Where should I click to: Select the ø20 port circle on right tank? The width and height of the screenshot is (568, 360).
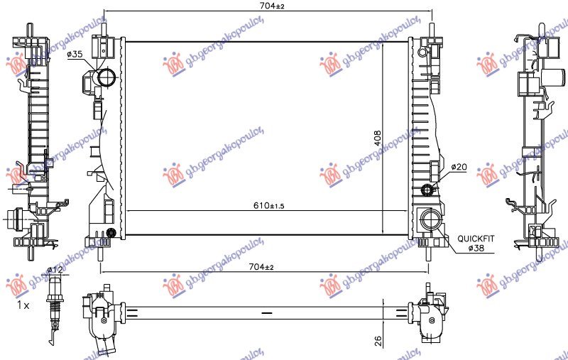(427, 189)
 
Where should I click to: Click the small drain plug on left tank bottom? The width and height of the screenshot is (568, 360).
(111, 233)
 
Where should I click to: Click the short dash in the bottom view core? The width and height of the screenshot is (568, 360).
(266, 312)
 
